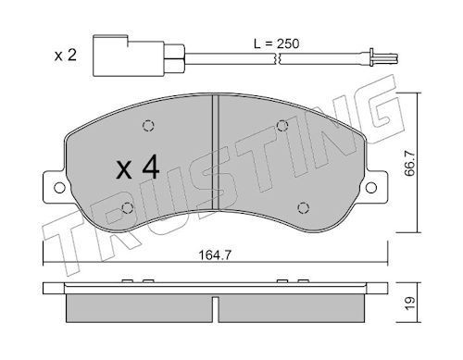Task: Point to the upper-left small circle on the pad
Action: pos(147,128)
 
